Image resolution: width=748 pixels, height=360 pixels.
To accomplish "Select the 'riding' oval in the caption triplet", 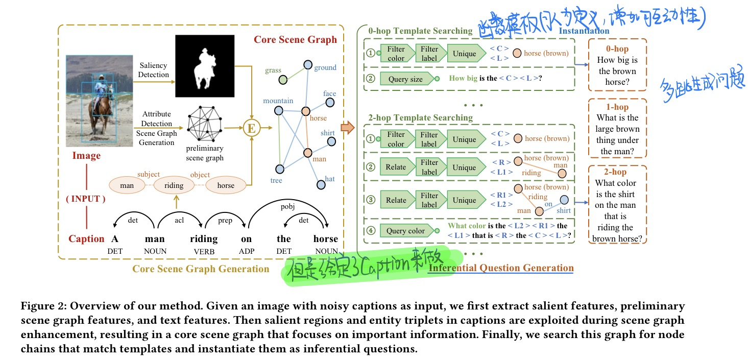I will pos(174,185).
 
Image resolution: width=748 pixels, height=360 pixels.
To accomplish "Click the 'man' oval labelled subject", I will pos(127,185).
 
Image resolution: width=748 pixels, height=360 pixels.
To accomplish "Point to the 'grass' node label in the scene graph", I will pos(273,70).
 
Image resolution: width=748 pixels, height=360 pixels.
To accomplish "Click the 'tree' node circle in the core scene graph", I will pos(279,169).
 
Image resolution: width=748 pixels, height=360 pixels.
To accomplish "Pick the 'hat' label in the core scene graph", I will pos(329,179).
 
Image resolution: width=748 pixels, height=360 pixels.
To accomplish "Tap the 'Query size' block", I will pos(405,79).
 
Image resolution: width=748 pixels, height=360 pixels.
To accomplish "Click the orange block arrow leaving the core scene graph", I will pos(347,128).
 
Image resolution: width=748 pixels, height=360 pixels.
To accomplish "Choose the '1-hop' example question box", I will pos(617,129).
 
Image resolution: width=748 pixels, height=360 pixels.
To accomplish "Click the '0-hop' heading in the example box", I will pos(617,49).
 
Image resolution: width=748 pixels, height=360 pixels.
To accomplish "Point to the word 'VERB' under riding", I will pos(204,251).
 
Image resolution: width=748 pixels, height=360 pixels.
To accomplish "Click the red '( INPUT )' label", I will pos(86,199).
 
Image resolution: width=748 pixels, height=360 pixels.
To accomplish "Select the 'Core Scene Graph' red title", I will pos(295,40).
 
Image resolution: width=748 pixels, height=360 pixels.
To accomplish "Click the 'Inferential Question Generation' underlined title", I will pos(501,268).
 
